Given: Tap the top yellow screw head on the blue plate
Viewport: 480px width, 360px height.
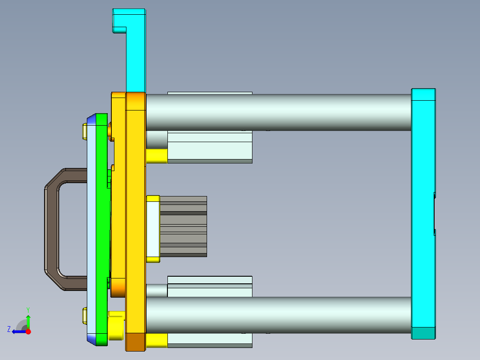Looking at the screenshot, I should click(x=85, y=131).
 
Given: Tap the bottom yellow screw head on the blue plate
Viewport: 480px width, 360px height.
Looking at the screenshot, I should click(x=85, y=315).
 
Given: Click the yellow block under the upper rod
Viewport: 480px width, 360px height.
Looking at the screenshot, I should click(x=156, y=156).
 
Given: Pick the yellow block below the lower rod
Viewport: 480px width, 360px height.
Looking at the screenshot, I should click(x=156, y=340).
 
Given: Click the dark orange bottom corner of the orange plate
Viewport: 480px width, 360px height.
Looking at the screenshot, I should click(x=136, y=342).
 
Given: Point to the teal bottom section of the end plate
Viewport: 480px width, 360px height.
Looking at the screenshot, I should click(x=423, y=333).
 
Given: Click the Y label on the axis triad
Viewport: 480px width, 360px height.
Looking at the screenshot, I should click(x=28, y=309).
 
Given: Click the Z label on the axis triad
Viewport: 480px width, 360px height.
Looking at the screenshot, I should click(x=8, y=329).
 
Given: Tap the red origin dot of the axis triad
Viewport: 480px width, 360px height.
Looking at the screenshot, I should click(x=28, y=331).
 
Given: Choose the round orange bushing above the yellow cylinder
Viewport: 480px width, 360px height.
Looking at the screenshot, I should click(x=118, y=287).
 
